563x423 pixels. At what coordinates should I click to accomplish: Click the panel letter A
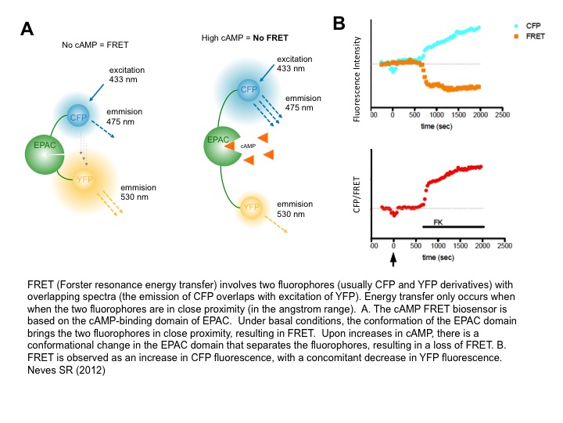27,30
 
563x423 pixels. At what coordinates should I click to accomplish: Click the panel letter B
339,24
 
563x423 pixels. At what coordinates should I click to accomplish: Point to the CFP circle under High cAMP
249,89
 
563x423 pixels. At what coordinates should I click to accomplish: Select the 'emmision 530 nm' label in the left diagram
138,193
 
